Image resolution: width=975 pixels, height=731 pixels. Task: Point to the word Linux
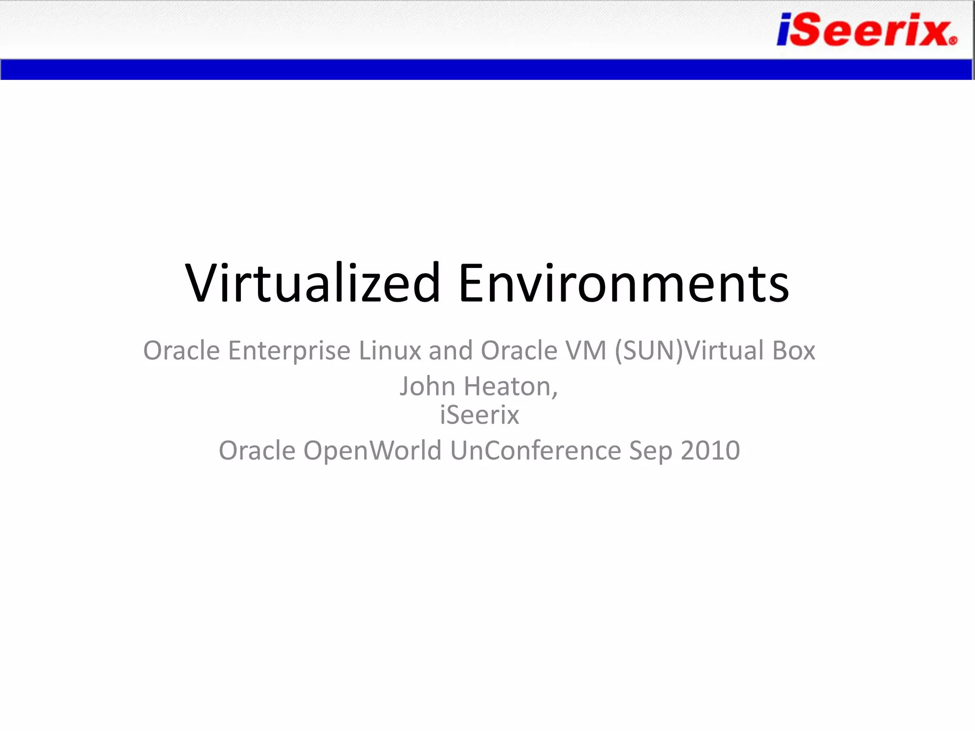click(390, 351)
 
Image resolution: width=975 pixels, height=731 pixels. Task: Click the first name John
click(427, 386)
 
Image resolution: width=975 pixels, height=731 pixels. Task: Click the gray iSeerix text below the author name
click(479, 415)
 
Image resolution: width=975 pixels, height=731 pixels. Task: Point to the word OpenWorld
click(372, 451)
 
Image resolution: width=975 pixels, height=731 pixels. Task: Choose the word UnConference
click(535, 451)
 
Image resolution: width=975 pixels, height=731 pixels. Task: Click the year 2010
click(710, 451)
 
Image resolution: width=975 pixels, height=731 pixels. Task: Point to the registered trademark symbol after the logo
click(953, 41)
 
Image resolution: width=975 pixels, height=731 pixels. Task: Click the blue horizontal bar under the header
click(486, 69)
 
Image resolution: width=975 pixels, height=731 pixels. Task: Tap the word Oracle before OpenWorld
click(257, 451)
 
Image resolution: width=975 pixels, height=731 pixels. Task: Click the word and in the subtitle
click(450, 351)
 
